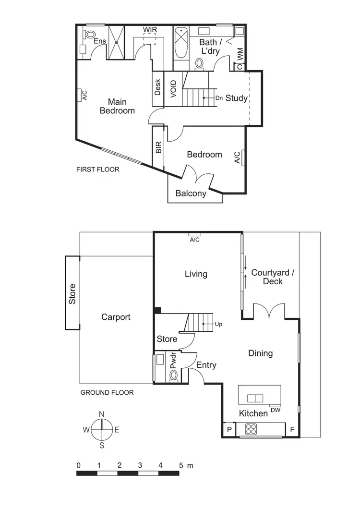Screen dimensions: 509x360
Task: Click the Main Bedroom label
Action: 117,106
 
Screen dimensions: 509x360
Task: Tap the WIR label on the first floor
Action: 150,30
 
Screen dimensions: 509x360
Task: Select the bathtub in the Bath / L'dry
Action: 180,43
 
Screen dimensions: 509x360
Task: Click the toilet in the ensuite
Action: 89,34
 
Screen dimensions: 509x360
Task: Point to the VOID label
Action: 173,89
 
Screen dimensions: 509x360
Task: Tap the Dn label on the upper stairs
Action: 219,98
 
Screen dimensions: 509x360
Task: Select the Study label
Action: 237,98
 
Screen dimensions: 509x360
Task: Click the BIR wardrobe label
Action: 158,147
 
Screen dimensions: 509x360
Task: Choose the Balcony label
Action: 191,194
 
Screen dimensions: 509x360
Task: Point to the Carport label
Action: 116,317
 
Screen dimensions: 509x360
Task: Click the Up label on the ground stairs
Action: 219,324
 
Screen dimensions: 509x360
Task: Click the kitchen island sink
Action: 255,398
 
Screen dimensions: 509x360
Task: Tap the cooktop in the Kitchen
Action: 252,427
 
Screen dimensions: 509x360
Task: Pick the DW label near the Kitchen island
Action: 276,410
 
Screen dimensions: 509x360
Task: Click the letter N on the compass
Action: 102,414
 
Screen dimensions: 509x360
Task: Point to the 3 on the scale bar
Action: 140,465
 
